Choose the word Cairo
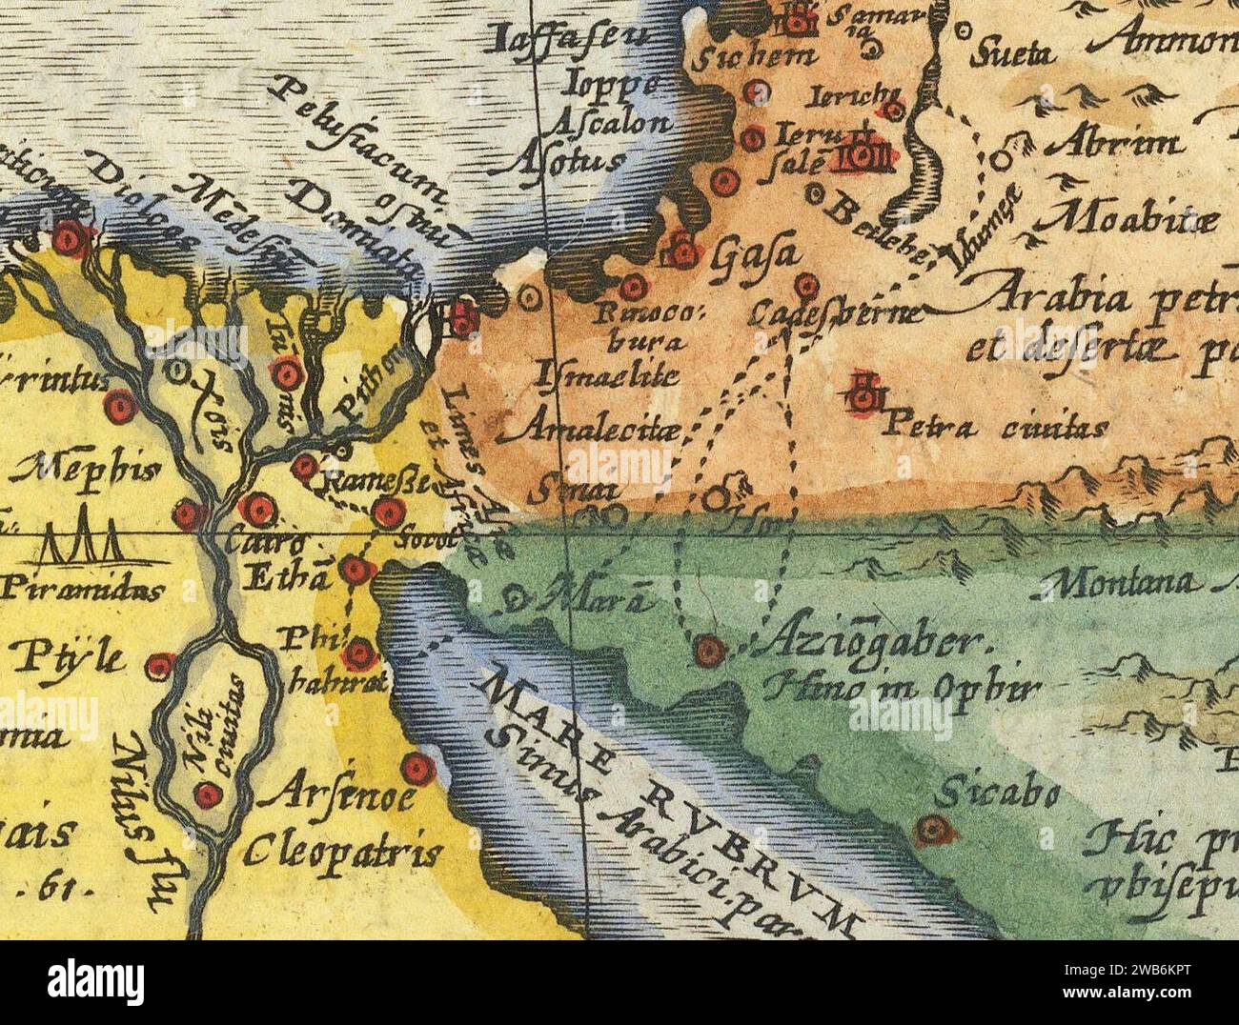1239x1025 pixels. click(x=253, y=545)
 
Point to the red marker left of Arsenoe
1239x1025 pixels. click(x=416, y=768)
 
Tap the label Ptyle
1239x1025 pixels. click(x=69, y=656)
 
